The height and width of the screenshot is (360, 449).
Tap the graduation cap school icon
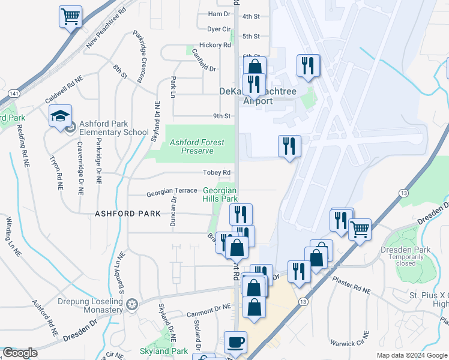click(60, 116)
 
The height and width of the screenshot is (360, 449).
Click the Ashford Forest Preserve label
click(197, 146)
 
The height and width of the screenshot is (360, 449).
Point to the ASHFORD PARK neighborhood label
click(128, 214)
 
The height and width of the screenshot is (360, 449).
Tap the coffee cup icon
click(235, 343)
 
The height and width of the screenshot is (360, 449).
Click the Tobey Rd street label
click(217, 173)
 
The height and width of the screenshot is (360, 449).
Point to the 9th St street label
click(221, 116)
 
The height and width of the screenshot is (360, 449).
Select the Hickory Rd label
click(215, 45)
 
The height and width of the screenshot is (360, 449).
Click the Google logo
click(20, 353)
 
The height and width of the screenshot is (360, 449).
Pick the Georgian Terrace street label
click(172, 191)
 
